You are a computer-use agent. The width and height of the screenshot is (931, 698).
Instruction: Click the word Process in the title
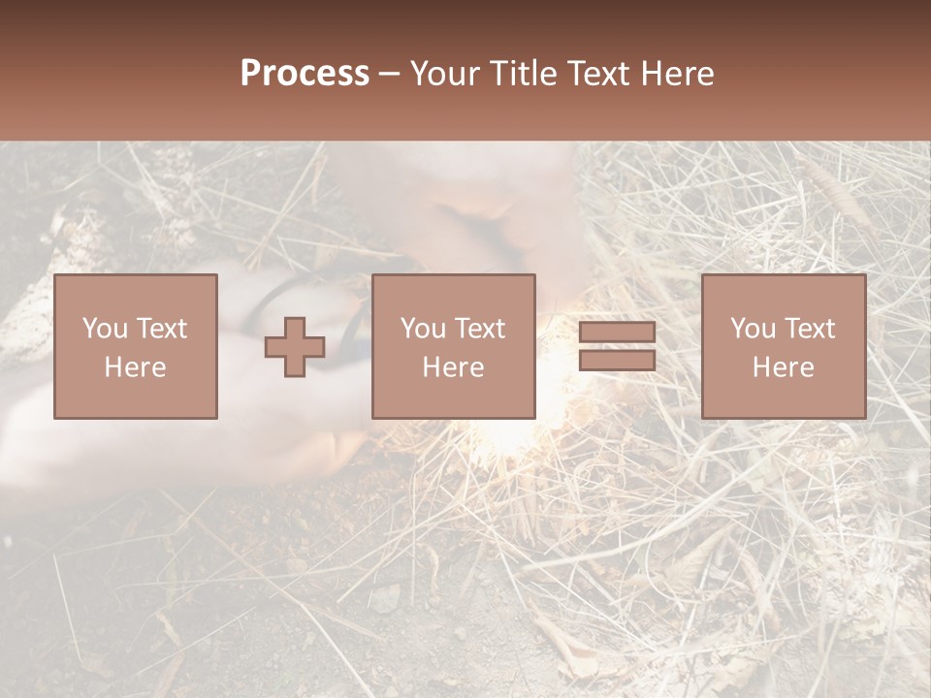point(305,74)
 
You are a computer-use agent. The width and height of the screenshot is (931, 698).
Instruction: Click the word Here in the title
point(678,74)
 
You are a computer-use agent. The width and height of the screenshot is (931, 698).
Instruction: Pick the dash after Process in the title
point(390,75)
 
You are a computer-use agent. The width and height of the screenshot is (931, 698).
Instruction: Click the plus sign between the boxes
point(295,346)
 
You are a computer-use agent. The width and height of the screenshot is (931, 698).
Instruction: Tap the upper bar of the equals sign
point(617,332)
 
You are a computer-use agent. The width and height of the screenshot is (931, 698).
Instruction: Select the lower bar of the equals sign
point(617,360)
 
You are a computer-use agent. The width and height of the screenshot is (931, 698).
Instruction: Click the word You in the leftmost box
point(105,329)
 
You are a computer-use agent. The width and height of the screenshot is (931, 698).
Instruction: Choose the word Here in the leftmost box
point(135,367)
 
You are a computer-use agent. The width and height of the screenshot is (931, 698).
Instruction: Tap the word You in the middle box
point(423,329)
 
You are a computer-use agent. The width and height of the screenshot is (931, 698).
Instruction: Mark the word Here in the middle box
point(453,367)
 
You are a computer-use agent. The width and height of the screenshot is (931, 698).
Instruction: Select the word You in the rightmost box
point(753,329)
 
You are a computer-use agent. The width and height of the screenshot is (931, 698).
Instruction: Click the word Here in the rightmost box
point(783,367)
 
